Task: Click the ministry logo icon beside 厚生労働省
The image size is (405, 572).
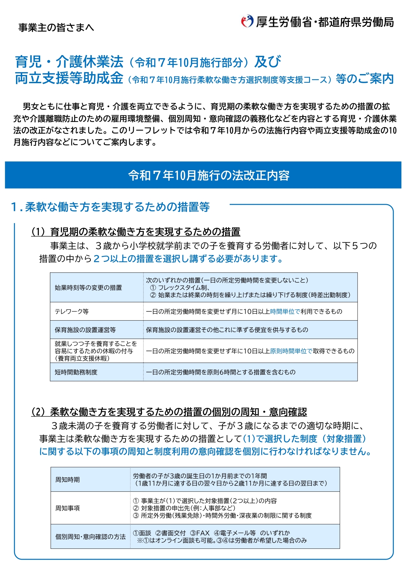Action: [x=247, y=22]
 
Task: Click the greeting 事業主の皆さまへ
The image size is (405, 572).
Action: [x=56, y=28]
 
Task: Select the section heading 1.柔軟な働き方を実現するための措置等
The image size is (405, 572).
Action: [x=110, y=207]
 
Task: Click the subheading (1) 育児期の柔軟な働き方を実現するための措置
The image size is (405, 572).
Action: [x=136, y=232]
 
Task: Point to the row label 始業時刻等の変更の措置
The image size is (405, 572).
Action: [x=88, y=288]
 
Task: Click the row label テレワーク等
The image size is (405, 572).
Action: [x=71, y=311]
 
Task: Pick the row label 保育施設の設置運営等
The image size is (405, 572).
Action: [x=85, y=330]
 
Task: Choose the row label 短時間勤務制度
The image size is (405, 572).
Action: [x=76, y=372]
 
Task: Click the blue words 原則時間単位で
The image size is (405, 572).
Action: [x=291, y=351]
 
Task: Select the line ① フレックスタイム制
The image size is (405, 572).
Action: [x=180, y=288]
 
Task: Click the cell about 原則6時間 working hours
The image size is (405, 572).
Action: [x=221, y=372]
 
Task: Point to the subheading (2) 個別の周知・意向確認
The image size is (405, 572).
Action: [x=169, y=412]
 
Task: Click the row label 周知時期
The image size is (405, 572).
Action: [x=67, y=480]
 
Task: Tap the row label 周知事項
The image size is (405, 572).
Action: [x=67, y=508]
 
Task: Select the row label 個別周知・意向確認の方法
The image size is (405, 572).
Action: [x=90, y=537]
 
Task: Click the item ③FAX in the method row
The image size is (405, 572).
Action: [x=200, y=533]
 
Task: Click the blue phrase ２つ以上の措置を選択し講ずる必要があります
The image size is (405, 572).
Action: [x=188, y=259]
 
